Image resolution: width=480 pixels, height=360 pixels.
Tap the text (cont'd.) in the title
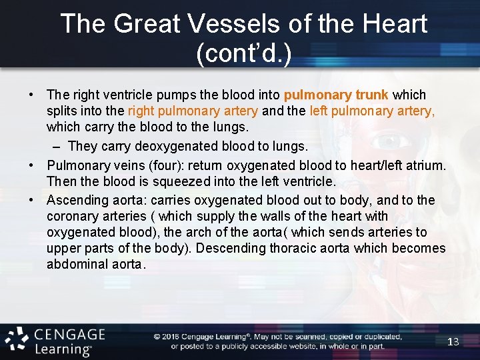click(244, 53)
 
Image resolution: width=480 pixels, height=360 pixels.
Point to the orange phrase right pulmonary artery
click(193, 111)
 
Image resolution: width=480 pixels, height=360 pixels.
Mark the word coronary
click(73, 216)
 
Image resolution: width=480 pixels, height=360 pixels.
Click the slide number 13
click(453, 342)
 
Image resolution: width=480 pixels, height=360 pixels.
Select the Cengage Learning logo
click(53, 341)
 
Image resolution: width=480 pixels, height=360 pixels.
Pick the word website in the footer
click(298, 346)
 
